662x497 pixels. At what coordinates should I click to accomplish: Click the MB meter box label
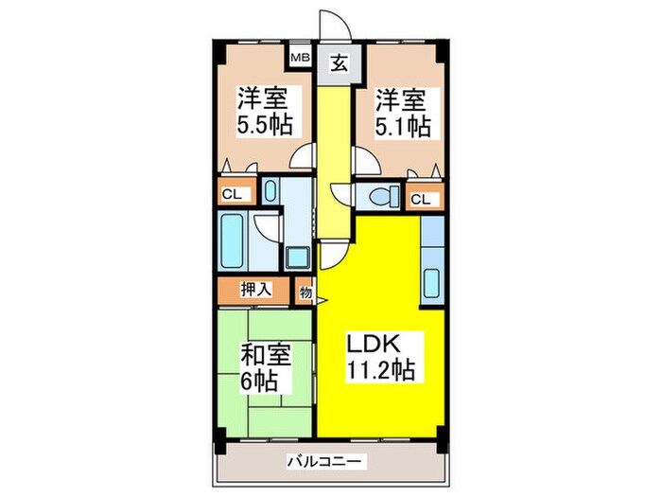coord(299,58)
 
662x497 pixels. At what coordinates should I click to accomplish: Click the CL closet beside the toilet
coord(421,199)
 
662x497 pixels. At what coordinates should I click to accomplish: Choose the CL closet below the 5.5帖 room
coord(232,195)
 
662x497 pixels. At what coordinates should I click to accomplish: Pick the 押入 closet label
coord(255,289)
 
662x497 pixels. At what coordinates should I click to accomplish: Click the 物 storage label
coord(305,292)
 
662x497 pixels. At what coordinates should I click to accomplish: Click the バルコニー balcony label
coord(326,462)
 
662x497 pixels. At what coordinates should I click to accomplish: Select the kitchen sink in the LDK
coord(432,282)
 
